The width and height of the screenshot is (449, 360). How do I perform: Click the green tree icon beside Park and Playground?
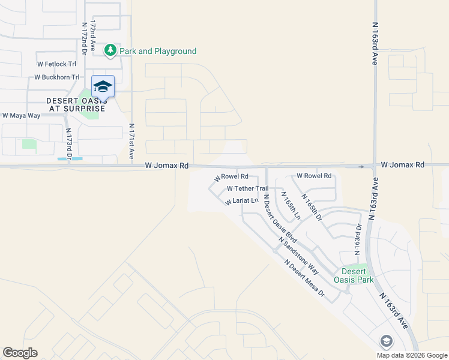(110, 51)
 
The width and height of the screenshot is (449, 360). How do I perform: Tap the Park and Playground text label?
(158, 52)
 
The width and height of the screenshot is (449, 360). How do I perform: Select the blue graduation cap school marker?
(103, 86)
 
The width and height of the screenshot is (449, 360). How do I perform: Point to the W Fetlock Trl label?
(56, 64)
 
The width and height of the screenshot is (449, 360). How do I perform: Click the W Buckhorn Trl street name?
(56, 77)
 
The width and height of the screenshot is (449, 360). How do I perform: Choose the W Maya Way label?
(21, 115)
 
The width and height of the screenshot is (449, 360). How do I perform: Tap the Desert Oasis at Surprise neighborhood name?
(76, 104)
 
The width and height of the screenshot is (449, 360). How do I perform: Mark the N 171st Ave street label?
(131, 142)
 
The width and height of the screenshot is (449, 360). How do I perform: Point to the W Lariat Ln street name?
(241, 202)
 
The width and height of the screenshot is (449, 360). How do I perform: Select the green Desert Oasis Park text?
(358, 275)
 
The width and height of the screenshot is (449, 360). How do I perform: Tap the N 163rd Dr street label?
(359, 237)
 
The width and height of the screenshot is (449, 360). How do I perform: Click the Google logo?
(20, 353)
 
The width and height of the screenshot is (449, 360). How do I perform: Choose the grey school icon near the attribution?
(386, 341)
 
